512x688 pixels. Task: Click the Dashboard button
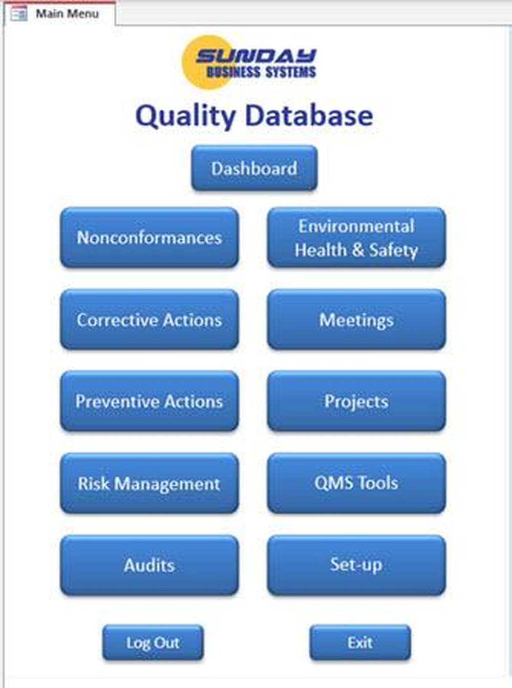[254, 168]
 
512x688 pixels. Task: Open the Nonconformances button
[149, 238]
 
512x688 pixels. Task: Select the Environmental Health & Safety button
[357, 238]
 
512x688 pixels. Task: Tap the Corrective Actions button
[149, 320]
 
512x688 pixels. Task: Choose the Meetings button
[357, 320]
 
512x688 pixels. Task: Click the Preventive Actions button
[149, 402]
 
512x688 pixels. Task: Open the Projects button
[357, 402]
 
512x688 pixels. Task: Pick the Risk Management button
[149, 483]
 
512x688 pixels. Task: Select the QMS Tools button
[357, 483]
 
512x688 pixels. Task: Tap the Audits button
[149, 565]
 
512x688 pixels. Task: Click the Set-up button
[357, 565]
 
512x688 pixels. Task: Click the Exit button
[360, 642]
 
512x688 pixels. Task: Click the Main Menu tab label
[67, 14]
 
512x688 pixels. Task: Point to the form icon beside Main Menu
[18, 14]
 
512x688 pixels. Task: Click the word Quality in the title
[185, 116]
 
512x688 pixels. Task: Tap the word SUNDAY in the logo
[256, 56]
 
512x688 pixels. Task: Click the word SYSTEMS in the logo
[290, 72]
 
